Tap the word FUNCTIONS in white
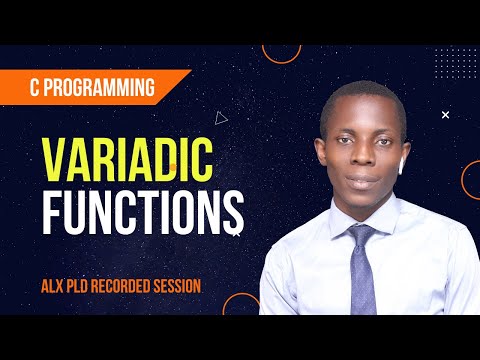click(x=141, y=208)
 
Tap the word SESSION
click(x=181, y=286)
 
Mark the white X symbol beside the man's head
click(x=445, y=115)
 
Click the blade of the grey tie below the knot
click(x=362, y=280)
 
